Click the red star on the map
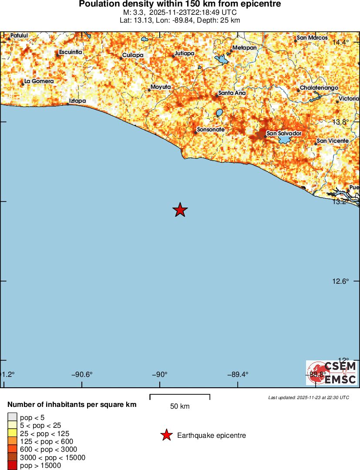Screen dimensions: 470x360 click(180, 210)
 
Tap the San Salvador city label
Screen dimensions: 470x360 click(284, 133)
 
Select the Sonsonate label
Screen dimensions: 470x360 click(211, 130)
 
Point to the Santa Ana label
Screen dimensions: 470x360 click(232, 93)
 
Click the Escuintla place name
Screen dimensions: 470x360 click(71, 52)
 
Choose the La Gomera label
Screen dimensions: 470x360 click(39, 81)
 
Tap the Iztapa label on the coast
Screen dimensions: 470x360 click(78, 101)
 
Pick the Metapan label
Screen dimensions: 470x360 click(245, 47)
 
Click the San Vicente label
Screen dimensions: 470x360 click(333, 141)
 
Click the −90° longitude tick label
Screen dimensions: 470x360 click(160, 374)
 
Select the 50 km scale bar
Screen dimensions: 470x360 click(180, 396)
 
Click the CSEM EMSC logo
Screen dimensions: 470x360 click(332, 373)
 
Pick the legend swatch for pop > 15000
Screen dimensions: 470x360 click(13, 466)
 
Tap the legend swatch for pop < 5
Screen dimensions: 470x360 click(13, 417)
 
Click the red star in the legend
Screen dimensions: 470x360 click(166, 435)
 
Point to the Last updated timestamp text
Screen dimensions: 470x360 click(309, 397)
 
